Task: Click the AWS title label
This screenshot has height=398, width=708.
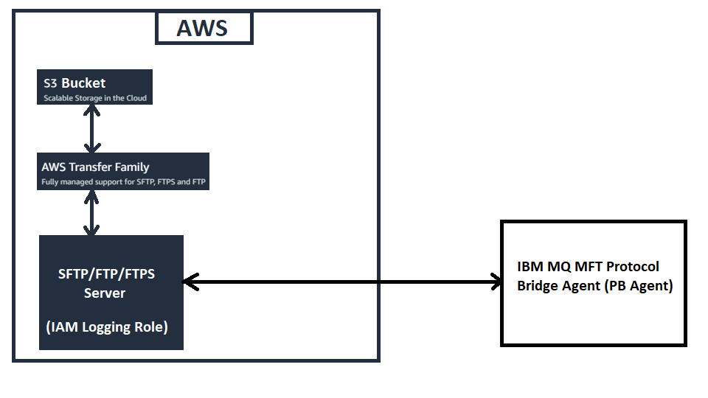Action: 203,28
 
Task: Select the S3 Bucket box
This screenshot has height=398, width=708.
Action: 94,87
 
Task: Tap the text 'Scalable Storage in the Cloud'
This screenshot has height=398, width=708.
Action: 94,98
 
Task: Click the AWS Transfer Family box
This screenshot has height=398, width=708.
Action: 123,171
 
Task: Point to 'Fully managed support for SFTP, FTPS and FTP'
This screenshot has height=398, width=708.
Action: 123,181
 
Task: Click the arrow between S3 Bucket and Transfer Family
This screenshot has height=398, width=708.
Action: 91,129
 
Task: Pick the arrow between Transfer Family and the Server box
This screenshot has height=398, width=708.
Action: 91,213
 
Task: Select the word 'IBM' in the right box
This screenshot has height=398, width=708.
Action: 530,267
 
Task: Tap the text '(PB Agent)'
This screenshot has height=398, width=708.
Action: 639,286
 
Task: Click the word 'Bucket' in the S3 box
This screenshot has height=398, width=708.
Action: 83,83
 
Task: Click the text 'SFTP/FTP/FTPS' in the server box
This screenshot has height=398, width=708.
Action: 106,274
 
